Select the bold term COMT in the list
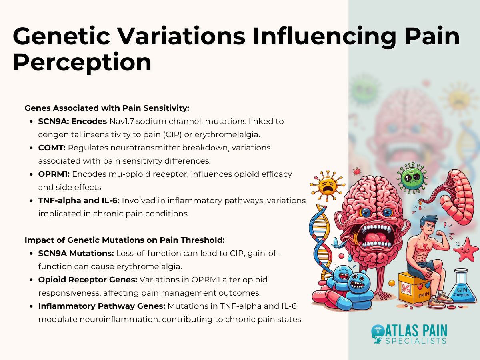(52, 148)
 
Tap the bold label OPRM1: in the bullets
(54, 174)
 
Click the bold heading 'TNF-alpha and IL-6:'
(79, 200)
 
